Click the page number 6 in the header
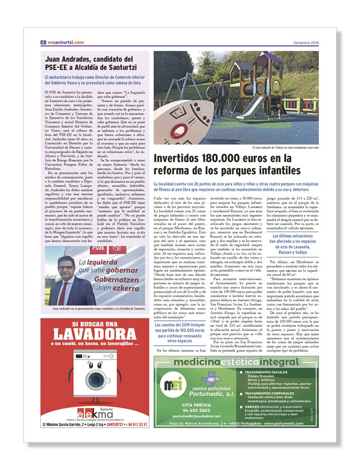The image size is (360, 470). point(43,42)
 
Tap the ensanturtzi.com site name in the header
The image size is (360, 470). point(65,42)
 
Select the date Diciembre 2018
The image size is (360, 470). point(306,42)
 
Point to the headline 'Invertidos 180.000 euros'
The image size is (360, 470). point(223,164)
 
